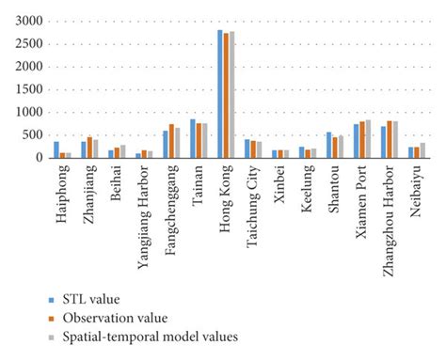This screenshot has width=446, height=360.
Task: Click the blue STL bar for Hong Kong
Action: pyautogui.click(x=220, y=94)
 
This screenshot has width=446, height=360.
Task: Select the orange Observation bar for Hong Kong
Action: pyautogui.click(x=226, y=96)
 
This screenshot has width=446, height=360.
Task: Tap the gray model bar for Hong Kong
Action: pyautogui.click(x=231, y=95)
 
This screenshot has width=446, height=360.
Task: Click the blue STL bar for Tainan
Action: pyautogui.click(x=193, y=139)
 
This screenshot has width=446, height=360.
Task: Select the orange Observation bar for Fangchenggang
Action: pyautogui.click(x=171, y=141)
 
